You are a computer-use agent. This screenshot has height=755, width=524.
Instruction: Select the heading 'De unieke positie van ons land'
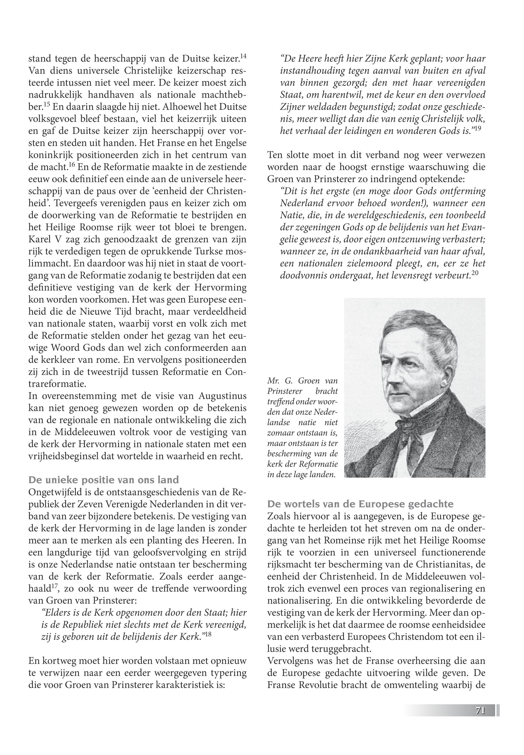[x=103, y=480]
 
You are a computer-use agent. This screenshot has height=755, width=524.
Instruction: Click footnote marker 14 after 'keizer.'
[x=243, y=56]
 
